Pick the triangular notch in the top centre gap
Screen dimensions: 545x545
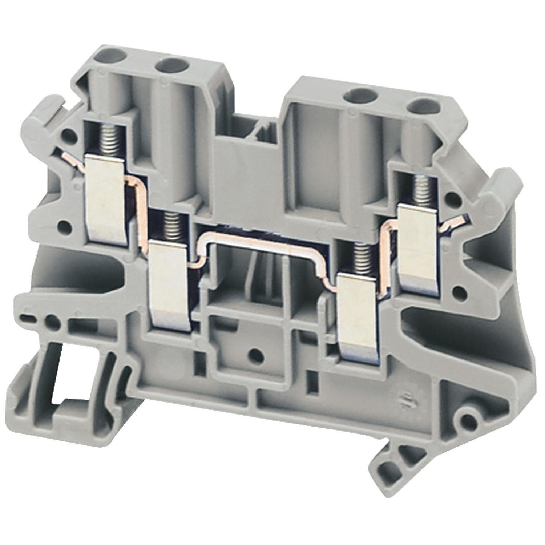click(263, 129)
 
